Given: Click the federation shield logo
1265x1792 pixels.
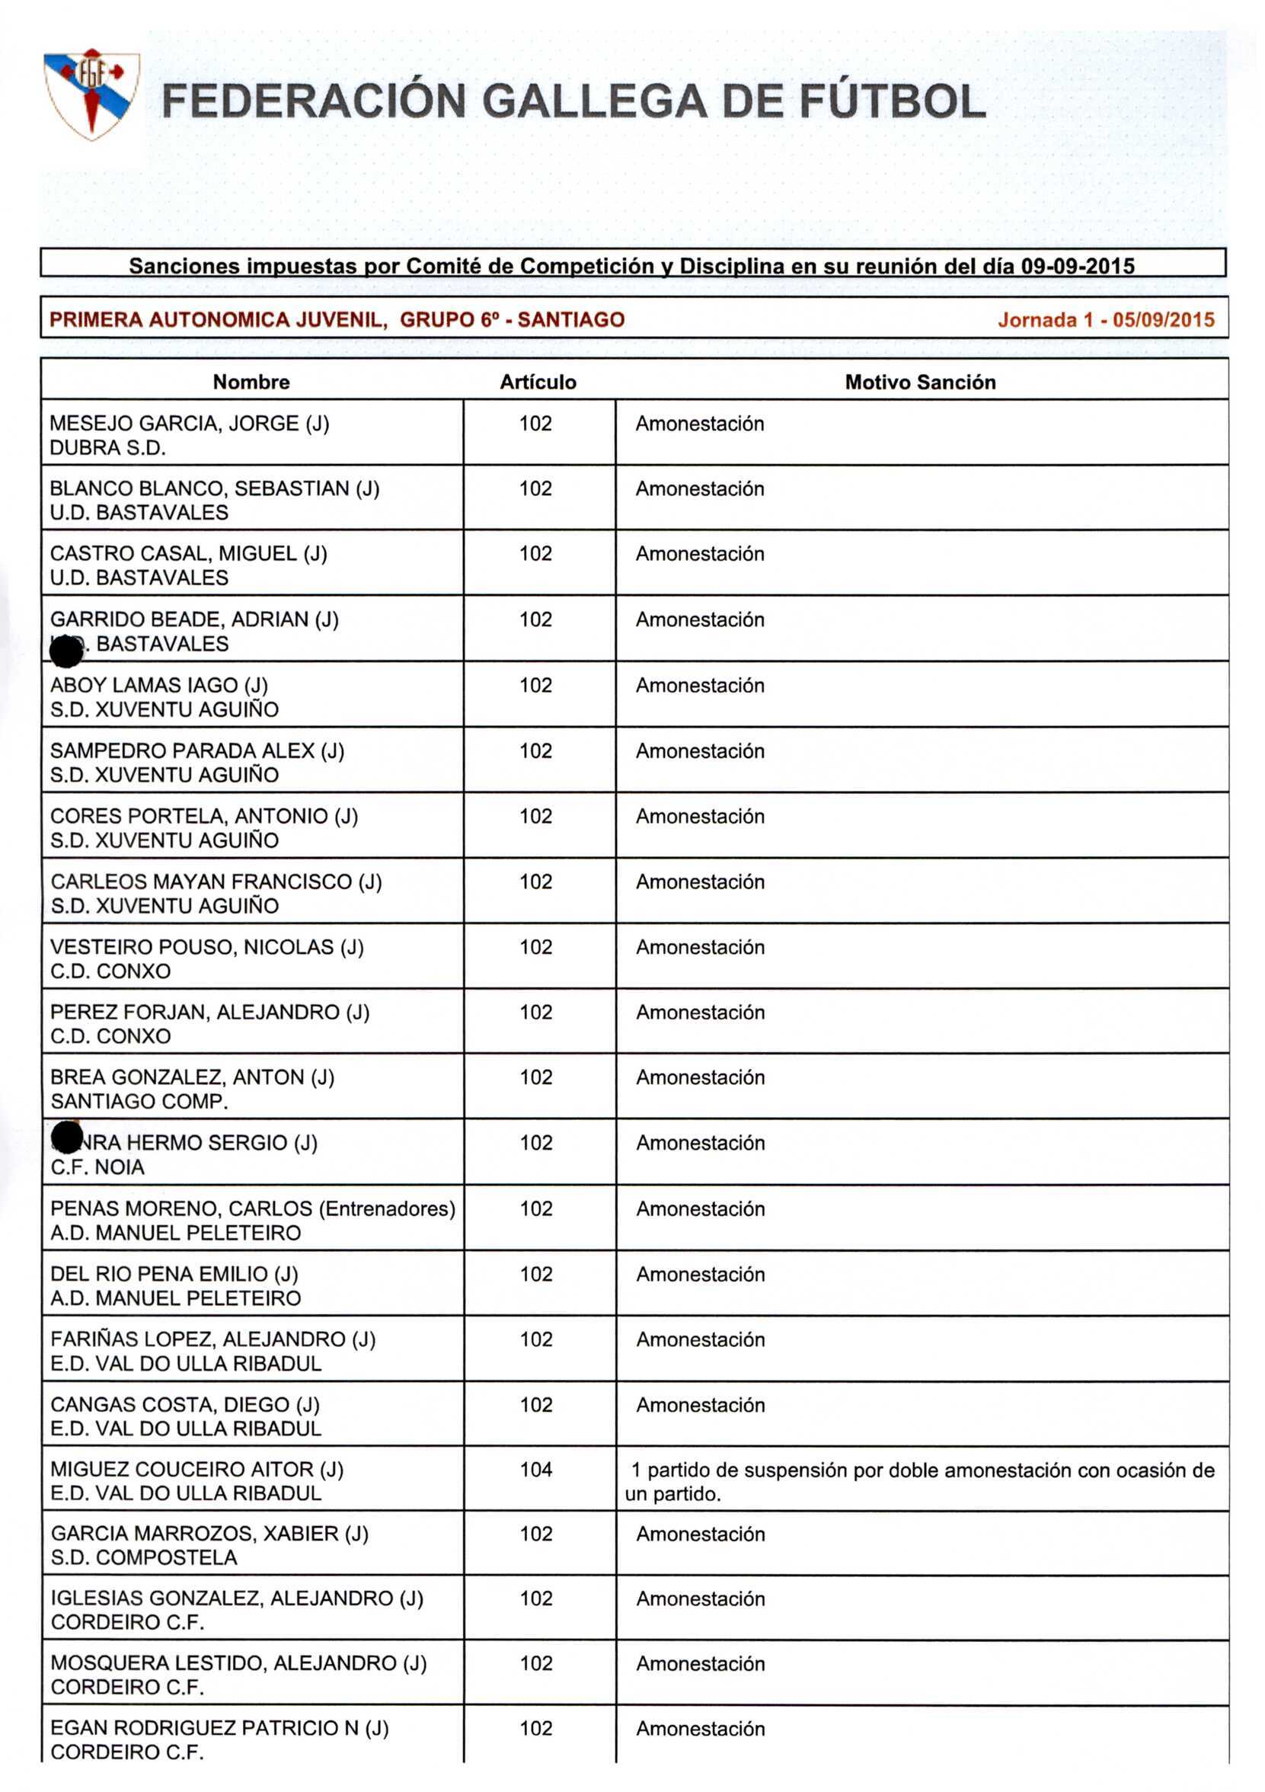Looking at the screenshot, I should coord(91,94).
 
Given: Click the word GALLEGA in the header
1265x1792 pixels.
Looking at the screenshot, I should coord(594,102).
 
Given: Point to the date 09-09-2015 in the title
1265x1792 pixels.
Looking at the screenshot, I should coord(1077,266).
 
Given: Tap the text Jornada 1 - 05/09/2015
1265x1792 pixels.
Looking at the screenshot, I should coord(1105,319).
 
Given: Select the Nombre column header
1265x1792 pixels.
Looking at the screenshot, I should coord(251,382).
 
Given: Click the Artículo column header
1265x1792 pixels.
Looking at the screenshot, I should coord(538,382).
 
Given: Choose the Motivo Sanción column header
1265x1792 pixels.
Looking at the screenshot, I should coord(919,382).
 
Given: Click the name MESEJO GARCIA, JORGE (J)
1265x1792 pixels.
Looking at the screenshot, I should coord(190,423).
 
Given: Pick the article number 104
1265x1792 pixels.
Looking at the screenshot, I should coord(536,1469).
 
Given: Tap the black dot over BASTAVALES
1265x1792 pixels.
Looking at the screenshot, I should coord(65,651).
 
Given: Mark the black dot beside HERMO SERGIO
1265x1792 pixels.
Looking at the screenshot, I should coord(66,1138).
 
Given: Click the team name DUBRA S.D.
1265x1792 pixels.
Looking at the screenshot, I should coord(107,447).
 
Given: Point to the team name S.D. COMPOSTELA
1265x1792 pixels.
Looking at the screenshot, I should coord(144,1557).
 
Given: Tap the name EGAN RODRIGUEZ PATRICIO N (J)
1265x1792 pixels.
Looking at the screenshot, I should coord(219,1727).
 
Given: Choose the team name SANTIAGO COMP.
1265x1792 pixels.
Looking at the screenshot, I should coord(139,1101).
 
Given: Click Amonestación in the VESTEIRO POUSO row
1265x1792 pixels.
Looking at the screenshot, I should coord(699,947).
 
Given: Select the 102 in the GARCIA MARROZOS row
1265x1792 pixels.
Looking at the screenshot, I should coord(536,1534).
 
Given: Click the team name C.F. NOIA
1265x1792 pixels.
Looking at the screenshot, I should coord(97,1166).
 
